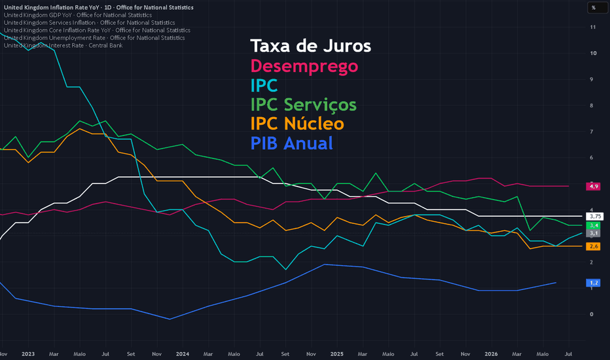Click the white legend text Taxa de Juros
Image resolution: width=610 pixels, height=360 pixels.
(x=310, y=46)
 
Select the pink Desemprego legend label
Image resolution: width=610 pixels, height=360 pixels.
(x=304, y=65)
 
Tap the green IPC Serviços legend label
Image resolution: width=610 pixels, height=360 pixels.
(x=304, y=104)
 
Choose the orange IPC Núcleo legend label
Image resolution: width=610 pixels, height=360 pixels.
(x=297, y=124)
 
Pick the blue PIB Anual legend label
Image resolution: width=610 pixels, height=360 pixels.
(x=292, y=143)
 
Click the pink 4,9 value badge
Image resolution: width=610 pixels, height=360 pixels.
(x=593, y=187)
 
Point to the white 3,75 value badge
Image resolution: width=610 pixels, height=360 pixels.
(x=595, y=217)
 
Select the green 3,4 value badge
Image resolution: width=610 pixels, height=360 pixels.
(x=593, y=225)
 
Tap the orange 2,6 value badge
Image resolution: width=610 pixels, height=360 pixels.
(x=593, y=246)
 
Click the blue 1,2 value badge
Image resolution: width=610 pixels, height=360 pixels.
(x=593, y=283)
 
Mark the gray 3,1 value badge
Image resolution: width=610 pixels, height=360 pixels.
(x=593, y=233)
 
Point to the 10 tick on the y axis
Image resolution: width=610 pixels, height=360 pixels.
(x=593, y=53)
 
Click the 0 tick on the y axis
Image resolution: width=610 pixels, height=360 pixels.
(x=592, y=314)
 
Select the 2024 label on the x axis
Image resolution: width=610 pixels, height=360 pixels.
(x=183, y=354)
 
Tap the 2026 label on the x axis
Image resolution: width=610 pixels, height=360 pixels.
(x=491, y=354)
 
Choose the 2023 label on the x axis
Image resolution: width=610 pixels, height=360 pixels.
(x=28, y=354)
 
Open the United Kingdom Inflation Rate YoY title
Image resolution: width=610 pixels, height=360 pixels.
(x=98, y=7)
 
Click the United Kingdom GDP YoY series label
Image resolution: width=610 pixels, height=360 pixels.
(x=78, y=15)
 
